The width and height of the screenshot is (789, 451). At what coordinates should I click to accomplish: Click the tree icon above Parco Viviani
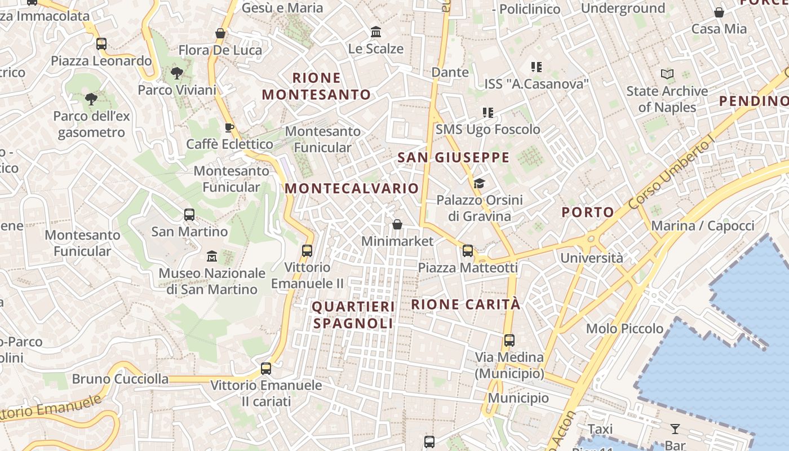click(176, 73)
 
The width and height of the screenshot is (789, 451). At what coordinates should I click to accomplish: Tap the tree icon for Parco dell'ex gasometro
click(91, 100)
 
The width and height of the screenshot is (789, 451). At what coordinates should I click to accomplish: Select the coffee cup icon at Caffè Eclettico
click(229, 127)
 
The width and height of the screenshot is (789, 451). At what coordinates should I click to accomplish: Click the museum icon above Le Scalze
click(376, 32)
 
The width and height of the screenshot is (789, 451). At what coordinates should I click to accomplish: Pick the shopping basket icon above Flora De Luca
click(220, 33)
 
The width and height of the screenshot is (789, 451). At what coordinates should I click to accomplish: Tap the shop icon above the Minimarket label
click(397, 224)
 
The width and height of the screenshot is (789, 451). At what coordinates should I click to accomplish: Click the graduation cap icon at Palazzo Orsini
click(479, 183)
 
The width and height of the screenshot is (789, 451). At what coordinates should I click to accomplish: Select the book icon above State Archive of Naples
click(667, 74)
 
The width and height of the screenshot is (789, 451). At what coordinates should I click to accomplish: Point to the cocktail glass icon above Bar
click(675, 428)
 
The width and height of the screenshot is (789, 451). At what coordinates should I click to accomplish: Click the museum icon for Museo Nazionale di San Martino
click(212, 257)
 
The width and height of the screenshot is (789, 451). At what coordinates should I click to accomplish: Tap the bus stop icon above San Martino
click(189, 215)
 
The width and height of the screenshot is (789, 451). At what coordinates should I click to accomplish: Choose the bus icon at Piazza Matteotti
click(468, 251)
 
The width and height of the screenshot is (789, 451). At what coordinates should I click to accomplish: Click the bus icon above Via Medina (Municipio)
click(509, 341)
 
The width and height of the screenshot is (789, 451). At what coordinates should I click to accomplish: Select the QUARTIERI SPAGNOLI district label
click(353, 315)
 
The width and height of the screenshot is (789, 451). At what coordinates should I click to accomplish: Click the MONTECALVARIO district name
click(352, 188)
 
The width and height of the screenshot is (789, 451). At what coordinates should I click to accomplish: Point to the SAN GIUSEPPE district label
click(454, 157)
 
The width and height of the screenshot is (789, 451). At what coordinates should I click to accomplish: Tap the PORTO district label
click(588, 212)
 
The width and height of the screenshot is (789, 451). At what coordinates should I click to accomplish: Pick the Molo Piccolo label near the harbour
click(624, 328)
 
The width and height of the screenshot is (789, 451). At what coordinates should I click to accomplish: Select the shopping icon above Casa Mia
click(719, 12)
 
